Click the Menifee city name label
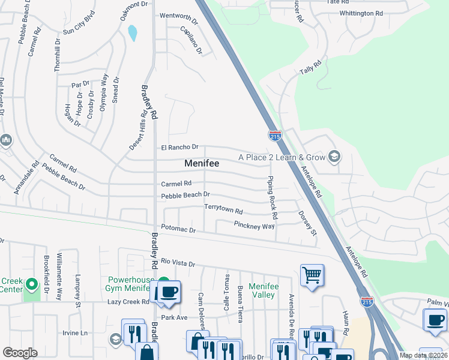tap(202, 163)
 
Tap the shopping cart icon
tap(312, 276)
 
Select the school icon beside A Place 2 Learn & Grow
tap(334, 158)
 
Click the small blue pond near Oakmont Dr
tap(132, 33)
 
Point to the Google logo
tap(20, 353)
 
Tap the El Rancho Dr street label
tap(179, 147)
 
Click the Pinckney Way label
tap(254, 226)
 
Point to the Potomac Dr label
tap(178, 230)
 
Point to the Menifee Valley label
tap(264, 291)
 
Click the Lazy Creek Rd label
tap(128, 302)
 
